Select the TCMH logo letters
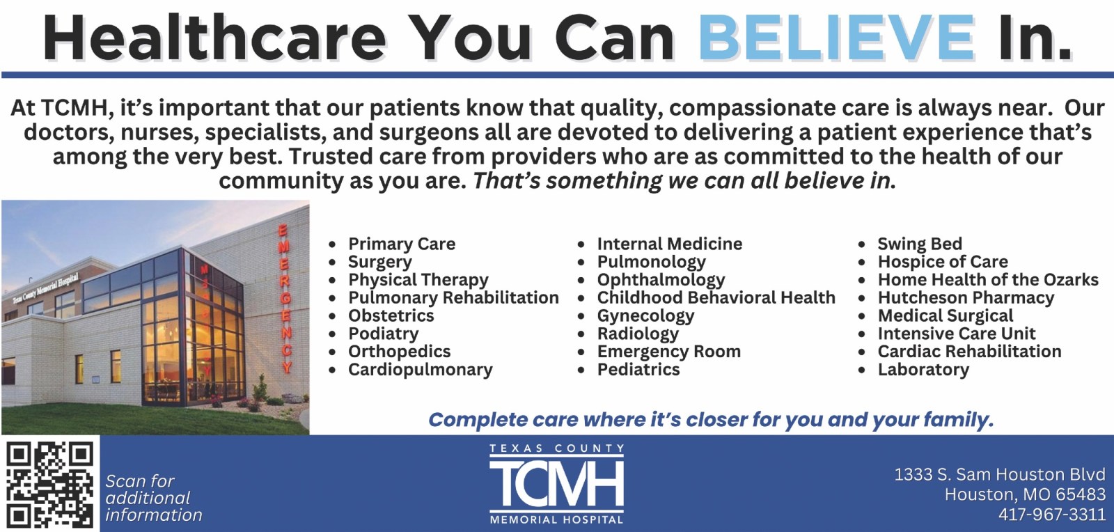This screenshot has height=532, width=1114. [x=556, y=483]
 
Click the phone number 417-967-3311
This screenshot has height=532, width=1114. [x=1052, y=514]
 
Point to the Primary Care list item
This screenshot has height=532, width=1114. [x=401, y=244]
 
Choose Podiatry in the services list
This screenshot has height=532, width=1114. [x=383, y=334]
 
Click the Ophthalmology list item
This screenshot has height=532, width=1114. [x=661, y=280]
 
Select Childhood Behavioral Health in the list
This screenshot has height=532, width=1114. [x=716, y=297]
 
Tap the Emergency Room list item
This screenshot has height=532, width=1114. [x=669, y=352]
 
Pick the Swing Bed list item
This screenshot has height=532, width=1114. [x=920, y=244]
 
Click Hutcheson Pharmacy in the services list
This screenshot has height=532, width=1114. [x=966, y=298]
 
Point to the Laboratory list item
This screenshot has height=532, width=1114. [x=923, y=370]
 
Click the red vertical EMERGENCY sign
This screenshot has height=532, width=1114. [x=285, y=299]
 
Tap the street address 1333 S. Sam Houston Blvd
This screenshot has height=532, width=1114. [x=1000, y=474]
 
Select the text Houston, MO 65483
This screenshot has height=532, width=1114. [x=1025, y=494]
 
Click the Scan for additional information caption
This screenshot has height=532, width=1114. [x=154, y=498]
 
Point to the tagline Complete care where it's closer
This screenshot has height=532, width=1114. [x=711, y=420]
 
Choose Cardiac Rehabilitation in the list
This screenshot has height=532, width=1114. [x=969, y=352]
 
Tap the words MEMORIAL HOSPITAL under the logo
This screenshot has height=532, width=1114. [x=556, y=520]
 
